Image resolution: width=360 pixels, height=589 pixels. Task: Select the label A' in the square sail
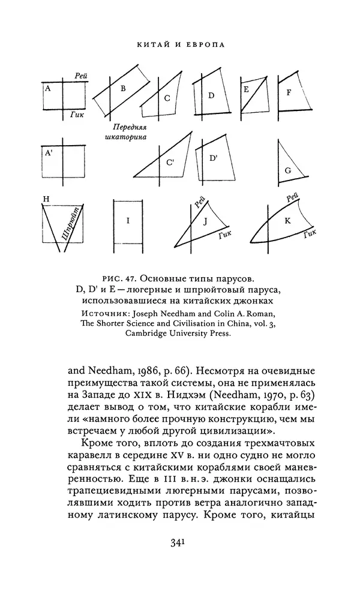[48, 153]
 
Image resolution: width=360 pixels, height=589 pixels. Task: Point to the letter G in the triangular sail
[288, 170]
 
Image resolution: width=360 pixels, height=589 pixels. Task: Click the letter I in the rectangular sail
[128, 221]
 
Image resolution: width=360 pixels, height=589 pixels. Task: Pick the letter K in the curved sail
[287, 220]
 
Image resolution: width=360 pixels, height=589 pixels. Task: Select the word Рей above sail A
[82, 75]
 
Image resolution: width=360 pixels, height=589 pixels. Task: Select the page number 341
[179, 543]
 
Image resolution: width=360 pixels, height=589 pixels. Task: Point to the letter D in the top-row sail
[211, 95]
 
